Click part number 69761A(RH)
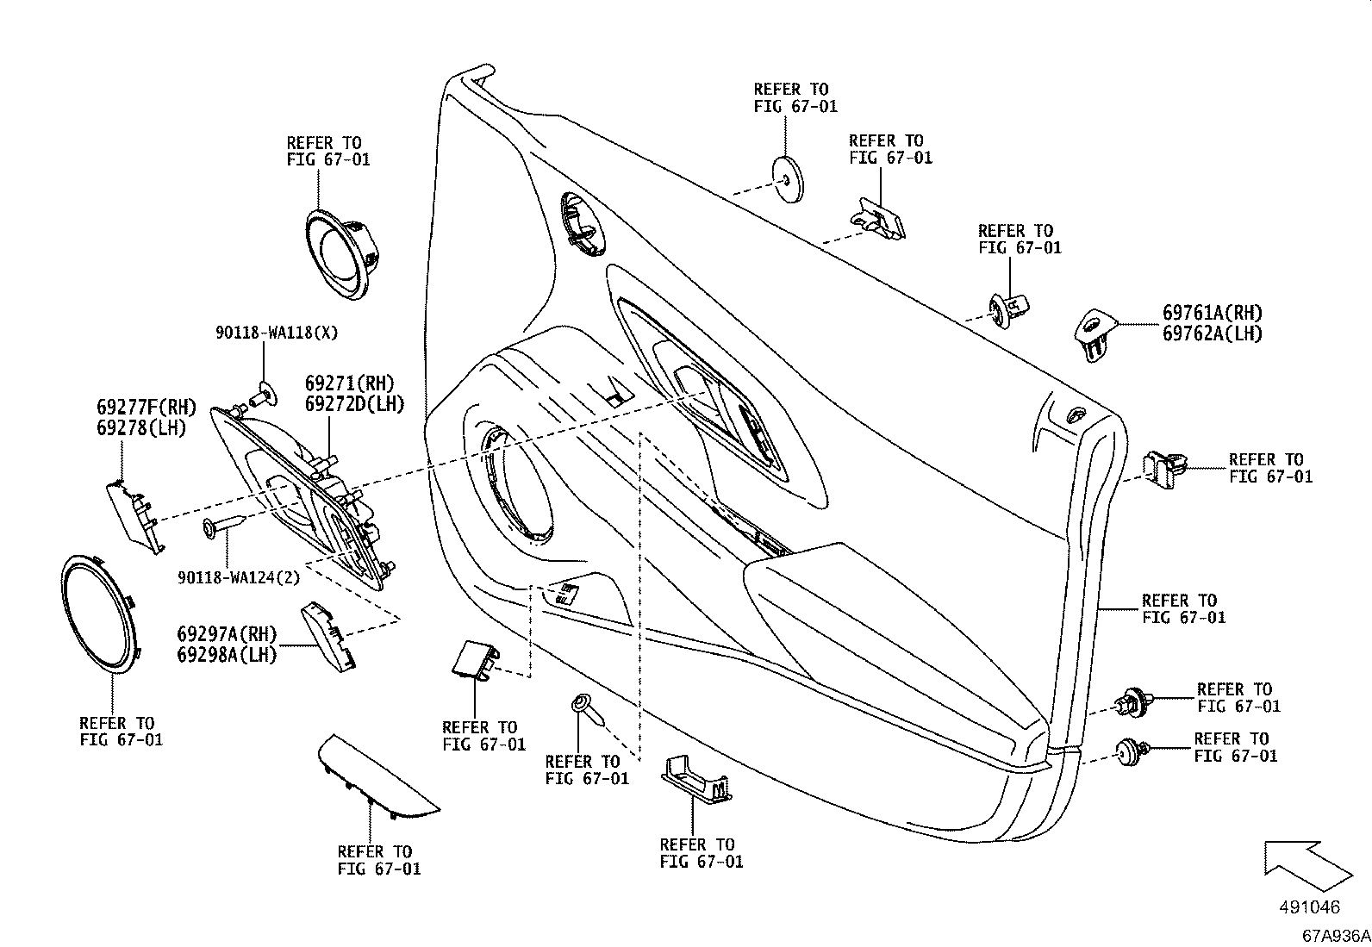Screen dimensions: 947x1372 (x=1212, y=313)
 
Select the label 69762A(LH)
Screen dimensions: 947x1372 (x=1212, y=333)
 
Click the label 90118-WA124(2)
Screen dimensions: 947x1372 (x=239, y=578)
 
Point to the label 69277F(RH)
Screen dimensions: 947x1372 (x=146, y=407)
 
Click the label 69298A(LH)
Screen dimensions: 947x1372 (x=227, y=655)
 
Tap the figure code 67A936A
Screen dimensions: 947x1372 (x=1336, y=936)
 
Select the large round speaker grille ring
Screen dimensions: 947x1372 (x=102, y=613)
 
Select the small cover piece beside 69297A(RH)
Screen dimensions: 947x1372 (x=327, y=636)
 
